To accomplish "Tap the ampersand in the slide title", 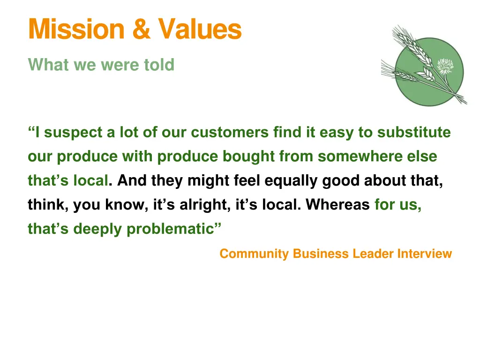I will pos(141,29).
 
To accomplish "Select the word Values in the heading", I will pos(200,29).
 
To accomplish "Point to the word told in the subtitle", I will pos(159,65).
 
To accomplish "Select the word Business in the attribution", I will pos(321,254).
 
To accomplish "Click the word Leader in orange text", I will pos(373,254).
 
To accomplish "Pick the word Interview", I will pos(425,254).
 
